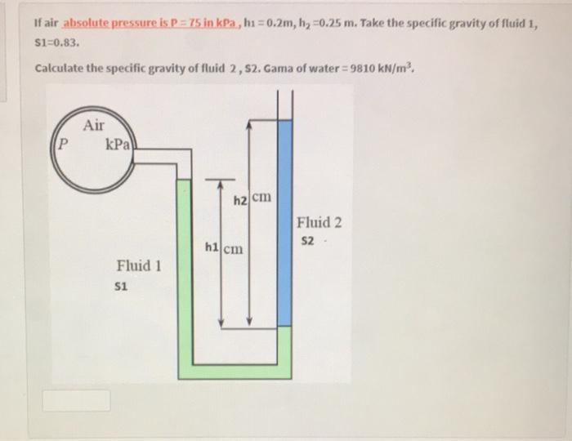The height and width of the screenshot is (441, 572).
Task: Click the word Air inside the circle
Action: [x=94, y=125]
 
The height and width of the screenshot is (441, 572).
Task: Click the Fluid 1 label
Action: [x=139, y=265]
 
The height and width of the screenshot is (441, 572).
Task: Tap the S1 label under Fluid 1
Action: [x=123, y=287]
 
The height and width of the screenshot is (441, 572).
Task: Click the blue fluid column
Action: [x=284, y=220]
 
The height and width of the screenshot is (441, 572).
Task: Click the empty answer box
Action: [x=76, y=400]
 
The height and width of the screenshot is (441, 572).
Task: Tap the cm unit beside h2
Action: [x=261, y=198]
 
